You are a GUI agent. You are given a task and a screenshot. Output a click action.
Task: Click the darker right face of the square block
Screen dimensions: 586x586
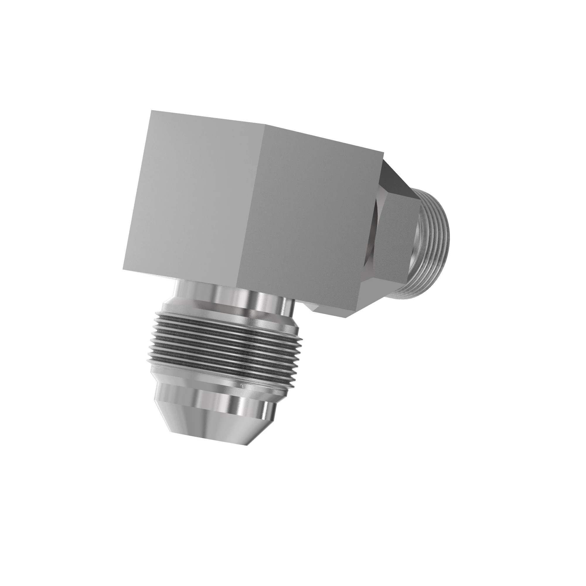coord(312,218)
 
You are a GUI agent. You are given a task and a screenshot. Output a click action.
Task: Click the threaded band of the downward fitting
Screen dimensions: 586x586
coord(224,343)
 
